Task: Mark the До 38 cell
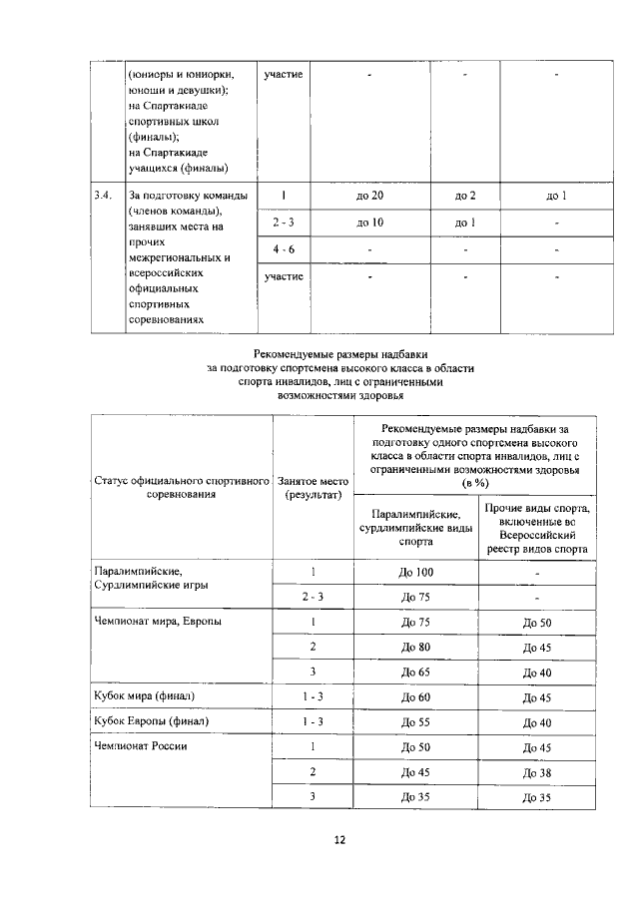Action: tap(537, 772)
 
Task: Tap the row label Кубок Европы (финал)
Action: tap(149, 721)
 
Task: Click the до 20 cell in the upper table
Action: tap(369, 196)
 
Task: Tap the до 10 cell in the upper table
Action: tap(369, 222)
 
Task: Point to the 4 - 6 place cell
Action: tap(285, 247)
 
